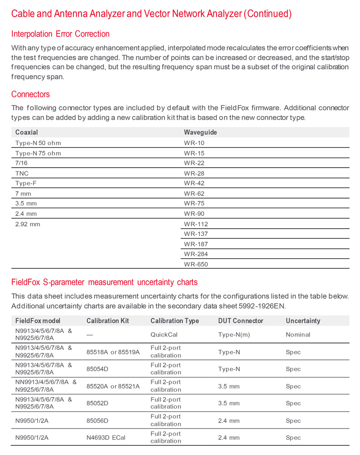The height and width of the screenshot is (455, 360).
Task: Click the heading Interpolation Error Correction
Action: click(x=60, y=34)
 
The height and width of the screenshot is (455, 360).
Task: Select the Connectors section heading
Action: click(x=31, y=94)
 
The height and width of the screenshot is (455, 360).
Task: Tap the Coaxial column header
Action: click(x=26, y=132)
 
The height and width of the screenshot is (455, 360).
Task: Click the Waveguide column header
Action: click(x=201, y=132)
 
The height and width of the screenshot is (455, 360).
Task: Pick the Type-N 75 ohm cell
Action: click(x=38, y=153)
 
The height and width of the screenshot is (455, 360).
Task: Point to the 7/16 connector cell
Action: click(x=22, y=163)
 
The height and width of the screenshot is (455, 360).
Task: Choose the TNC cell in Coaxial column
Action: click(x=22, y=174)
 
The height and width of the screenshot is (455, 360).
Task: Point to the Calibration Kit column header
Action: click(x=108, y=321)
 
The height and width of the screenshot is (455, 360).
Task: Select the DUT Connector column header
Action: click(x=241, y=321)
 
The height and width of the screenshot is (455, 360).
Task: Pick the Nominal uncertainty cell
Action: click(x=298, y=334)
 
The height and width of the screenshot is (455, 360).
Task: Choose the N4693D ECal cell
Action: click(x=106, y=438)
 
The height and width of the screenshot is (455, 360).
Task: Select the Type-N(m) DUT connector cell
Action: click(x=234, y=334)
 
